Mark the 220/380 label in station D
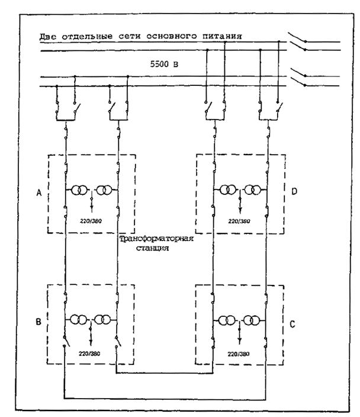tap(239, 222)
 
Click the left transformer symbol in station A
tap(79, 191)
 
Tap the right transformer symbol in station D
tap(255, 191)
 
